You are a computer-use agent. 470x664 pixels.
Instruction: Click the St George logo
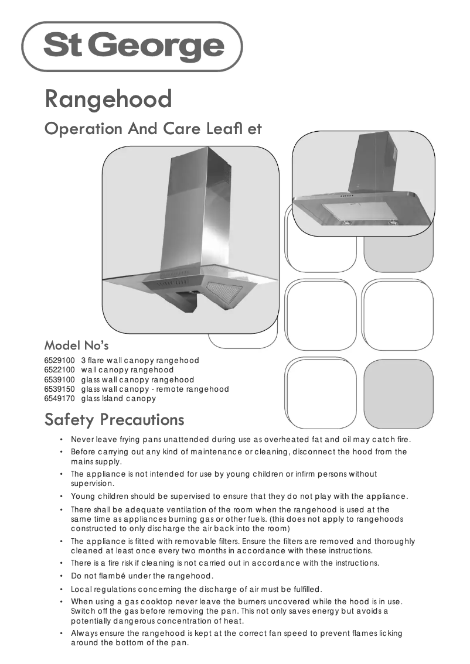coord(132,46)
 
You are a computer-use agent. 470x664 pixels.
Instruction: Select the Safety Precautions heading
coord(114,420)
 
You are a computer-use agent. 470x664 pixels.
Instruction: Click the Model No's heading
coord(77,344)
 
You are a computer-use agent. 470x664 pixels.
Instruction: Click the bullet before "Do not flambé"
coord(62,576)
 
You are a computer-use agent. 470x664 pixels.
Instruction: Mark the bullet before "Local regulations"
coord(62,589)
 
